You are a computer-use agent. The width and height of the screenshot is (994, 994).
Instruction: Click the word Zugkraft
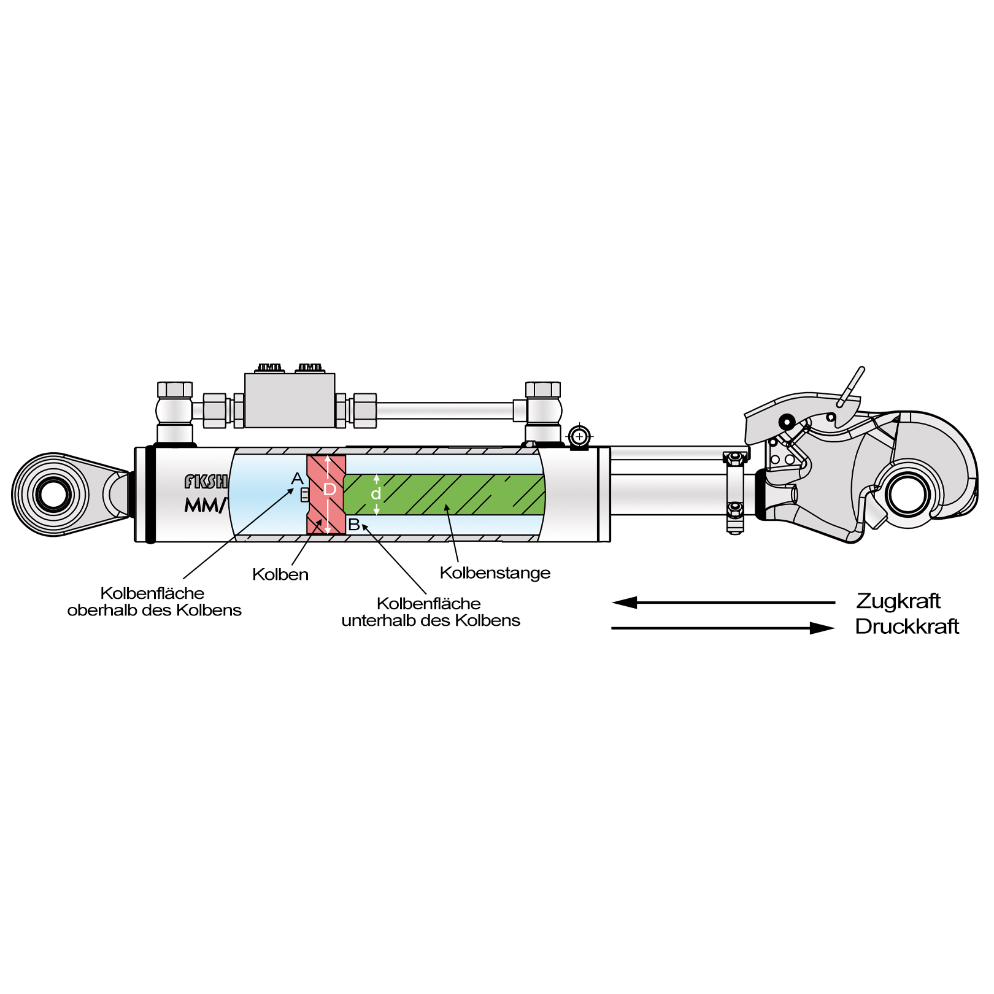898,601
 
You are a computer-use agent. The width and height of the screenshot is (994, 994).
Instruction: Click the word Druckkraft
906,626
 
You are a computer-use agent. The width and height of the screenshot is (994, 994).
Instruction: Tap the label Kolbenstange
495,573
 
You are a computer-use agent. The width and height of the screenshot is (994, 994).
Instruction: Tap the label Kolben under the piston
280,575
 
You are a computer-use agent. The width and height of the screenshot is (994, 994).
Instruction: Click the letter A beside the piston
298,479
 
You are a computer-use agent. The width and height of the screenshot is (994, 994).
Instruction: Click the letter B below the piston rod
354,525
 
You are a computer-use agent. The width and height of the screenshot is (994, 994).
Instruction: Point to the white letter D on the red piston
329,490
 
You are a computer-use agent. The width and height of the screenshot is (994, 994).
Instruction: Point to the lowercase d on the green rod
376,494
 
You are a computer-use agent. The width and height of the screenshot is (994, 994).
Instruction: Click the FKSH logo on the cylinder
206,482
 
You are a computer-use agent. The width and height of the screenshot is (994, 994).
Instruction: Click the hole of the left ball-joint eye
53,494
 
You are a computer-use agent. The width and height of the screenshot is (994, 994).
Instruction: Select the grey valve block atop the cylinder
290,400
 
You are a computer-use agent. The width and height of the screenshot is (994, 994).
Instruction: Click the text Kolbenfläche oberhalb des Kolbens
154,602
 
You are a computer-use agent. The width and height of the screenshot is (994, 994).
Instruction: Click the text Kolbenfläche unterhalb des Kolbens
430,612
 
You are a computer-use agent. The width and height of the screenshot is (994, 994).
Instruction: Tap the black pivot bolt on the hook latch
787,422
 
